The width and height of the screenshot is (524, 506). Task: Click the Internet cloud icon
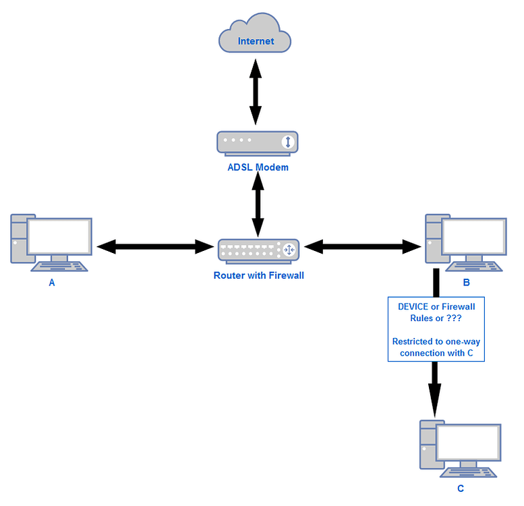(255, 38)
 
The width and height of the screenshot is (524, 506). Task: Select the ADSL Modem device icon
(257, 142)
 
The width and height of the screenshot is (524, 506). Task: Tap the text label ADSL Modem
(258, 167)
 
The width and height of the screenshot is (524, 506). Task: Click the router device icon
(258, 250)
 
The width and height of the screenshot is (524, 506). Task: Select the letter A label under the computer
(52, 283)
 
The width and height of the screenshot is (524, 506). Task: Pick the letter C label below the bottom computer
(461, 488)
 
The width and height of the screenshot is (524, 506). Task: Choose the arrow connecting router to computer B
(364, 247)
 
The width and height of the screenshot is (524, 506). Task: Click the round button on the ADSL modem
(287, 142)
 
